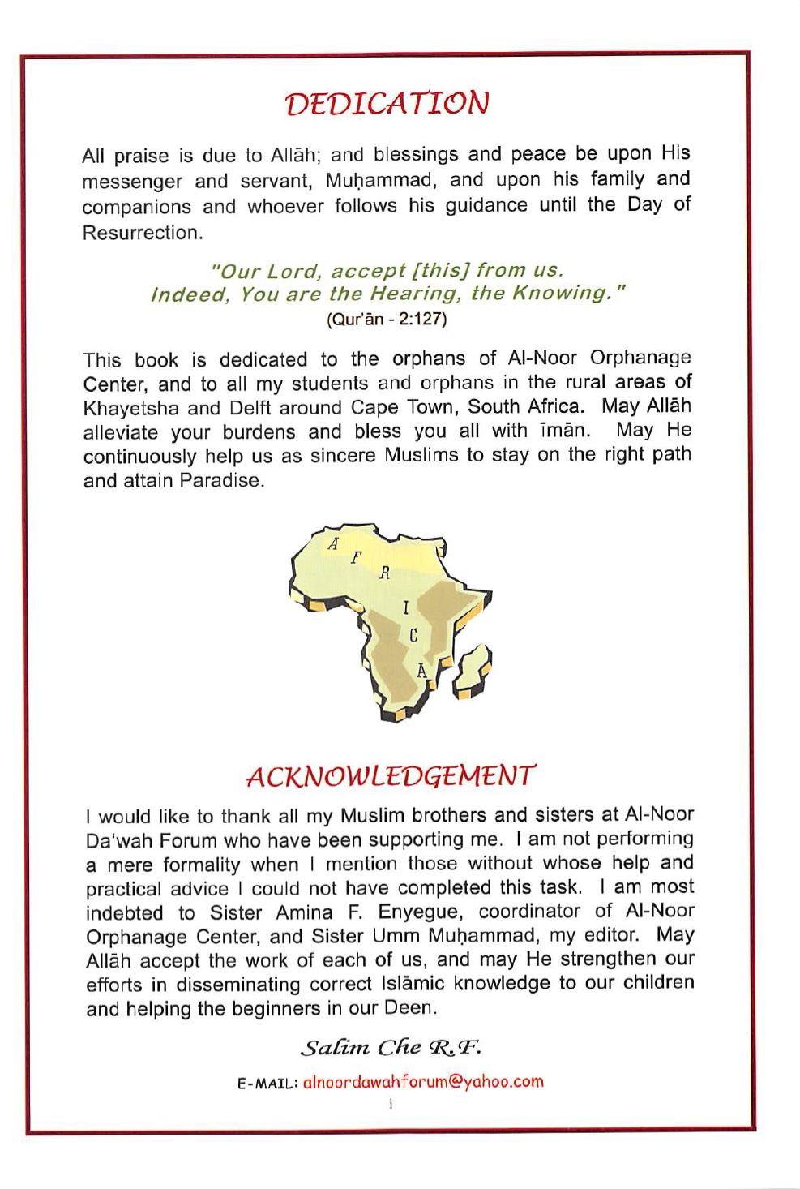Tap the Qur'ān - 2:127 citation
pyautogui.click(x=387, y=319)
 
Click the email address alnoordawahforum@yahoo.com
pyautogui.click(x=422, y=1081)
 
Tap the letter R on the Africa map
pyautogui.click(x=386, y=573)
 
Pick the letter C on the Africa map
pyautogui.click(x=413, y=637)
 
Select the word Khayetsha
pyautogui.click(x=125, y=406)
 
